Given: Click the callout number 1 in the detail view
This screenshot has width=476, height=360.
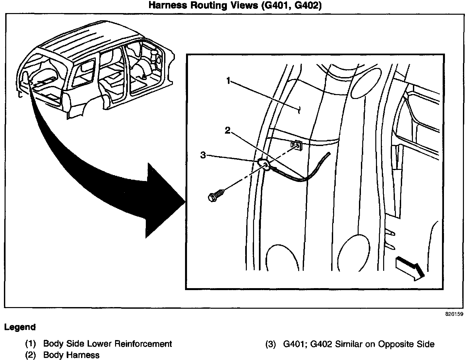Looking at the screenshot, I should [229, 81].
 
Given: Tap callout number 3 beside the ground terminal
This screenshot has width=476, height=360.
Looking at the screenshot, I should [203, 155].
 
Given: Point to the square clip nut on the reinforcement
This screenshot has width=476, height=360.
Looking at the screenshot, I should [296, 145].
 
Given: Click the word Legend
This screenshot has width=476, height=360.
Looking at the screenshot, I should [20, 327].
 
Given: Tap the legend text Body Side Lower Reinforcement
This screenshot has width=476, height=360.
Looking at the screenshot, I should [108, 344].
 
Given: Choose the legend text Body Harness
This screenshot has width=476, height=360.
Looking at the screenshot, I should [71, 355].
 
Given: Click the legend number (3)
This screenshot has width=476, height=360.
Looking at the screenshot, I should [271, 344].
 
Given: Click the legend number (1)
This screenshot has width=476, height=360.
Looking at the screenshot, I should [31, 344].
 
